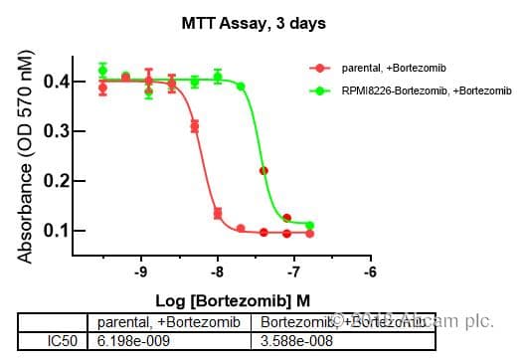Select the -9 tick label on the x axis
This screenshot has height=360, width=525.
point(141,270)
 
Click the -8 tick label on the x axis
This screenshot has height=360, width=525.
point(218,270)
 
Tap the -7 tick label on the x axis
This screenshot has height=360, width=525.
point(294,270)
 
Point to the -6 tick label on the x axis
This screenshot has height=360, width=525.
point(371,270)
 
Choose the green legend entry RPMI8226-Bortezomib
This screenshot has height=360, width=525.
point(414,91)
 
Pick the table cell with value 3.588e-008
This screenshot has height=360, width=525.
point(296,341)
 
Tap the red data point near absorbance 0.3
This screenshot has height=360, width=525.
point(194,126)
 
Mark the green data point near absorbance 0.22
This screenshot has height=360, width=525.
point(263,170)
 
